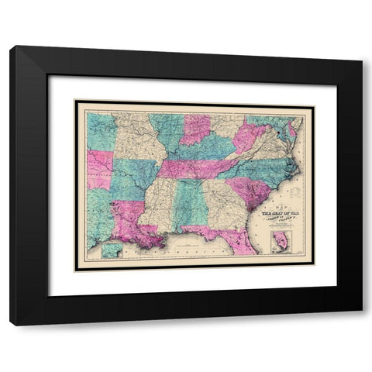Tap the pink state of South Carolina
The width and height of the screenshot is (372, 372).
click(250, 190)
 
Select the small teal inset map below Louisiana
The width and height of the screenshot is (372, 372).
click(112, 250)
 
